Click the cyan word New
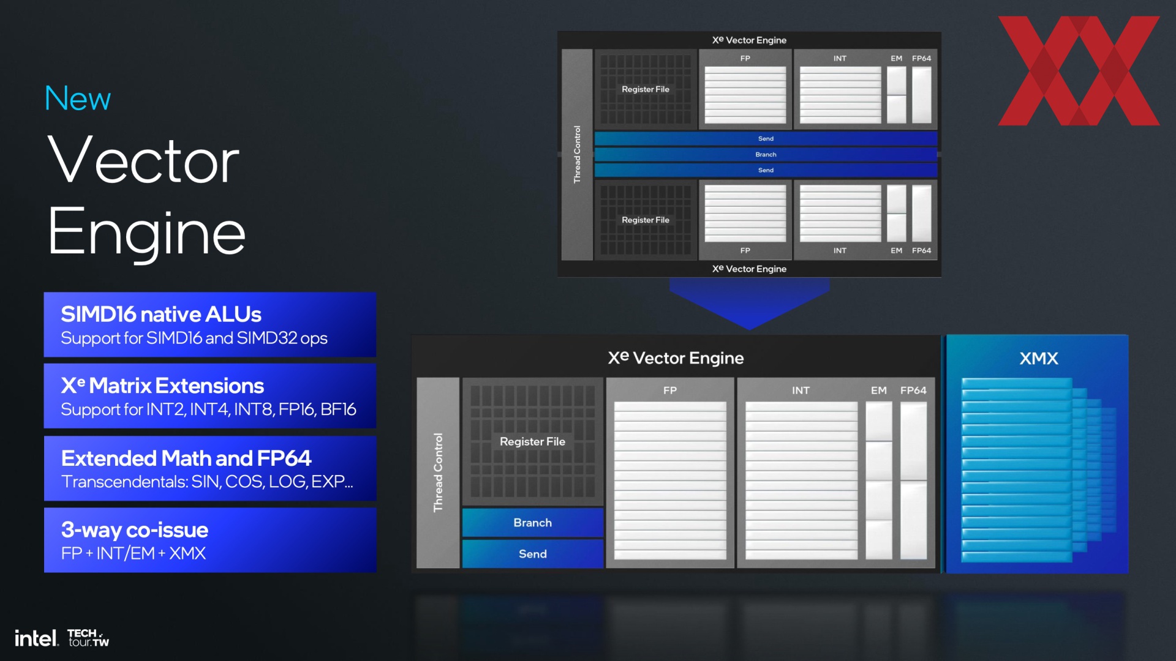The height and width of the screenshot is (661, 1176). pos(78,99)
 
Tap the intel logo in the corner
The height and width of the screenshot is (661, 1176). pos(37,638)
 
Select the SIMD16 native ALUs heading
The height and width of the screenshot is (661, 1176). pos(161,315)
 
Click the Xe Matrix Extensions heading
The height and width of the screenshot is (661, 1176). pos(162,386)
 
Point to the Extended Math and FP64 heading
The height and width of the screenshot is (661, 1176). pos(186,458)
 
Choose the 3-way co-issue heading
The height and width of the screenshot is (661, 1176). pos(135,530)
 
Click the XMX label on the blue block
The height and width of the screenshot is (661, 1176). pos(1039,359)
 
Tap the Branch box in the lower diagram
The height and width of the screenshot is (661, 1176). pos(533,523)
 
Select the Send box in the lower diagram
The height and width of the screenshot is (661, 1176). pos(533,554)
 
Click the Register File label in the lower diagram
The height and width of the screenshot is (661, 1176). pos(532,441)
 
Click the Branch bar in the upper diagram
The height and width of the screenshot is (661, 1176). pos(766,154)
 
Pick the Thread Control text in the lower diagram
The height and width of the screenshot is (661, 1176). pos(438,472)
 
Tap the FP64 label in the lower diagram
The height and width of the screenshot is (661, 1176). pos(913,390)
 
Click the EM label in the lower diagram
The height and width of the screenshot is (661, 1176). pos(879,390)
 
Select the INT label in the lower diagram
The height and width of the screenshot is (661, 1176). pos(801,390)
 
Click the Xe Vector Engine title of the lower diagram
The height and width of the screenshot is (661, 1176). pos(676,358)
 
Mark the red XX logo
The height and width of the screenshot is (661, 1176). pos(1079,70)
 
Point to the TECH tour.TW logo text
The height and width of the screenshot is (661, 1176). pos(88,638)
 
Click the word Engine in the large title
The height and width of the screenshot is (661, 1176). pos(147,233)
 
